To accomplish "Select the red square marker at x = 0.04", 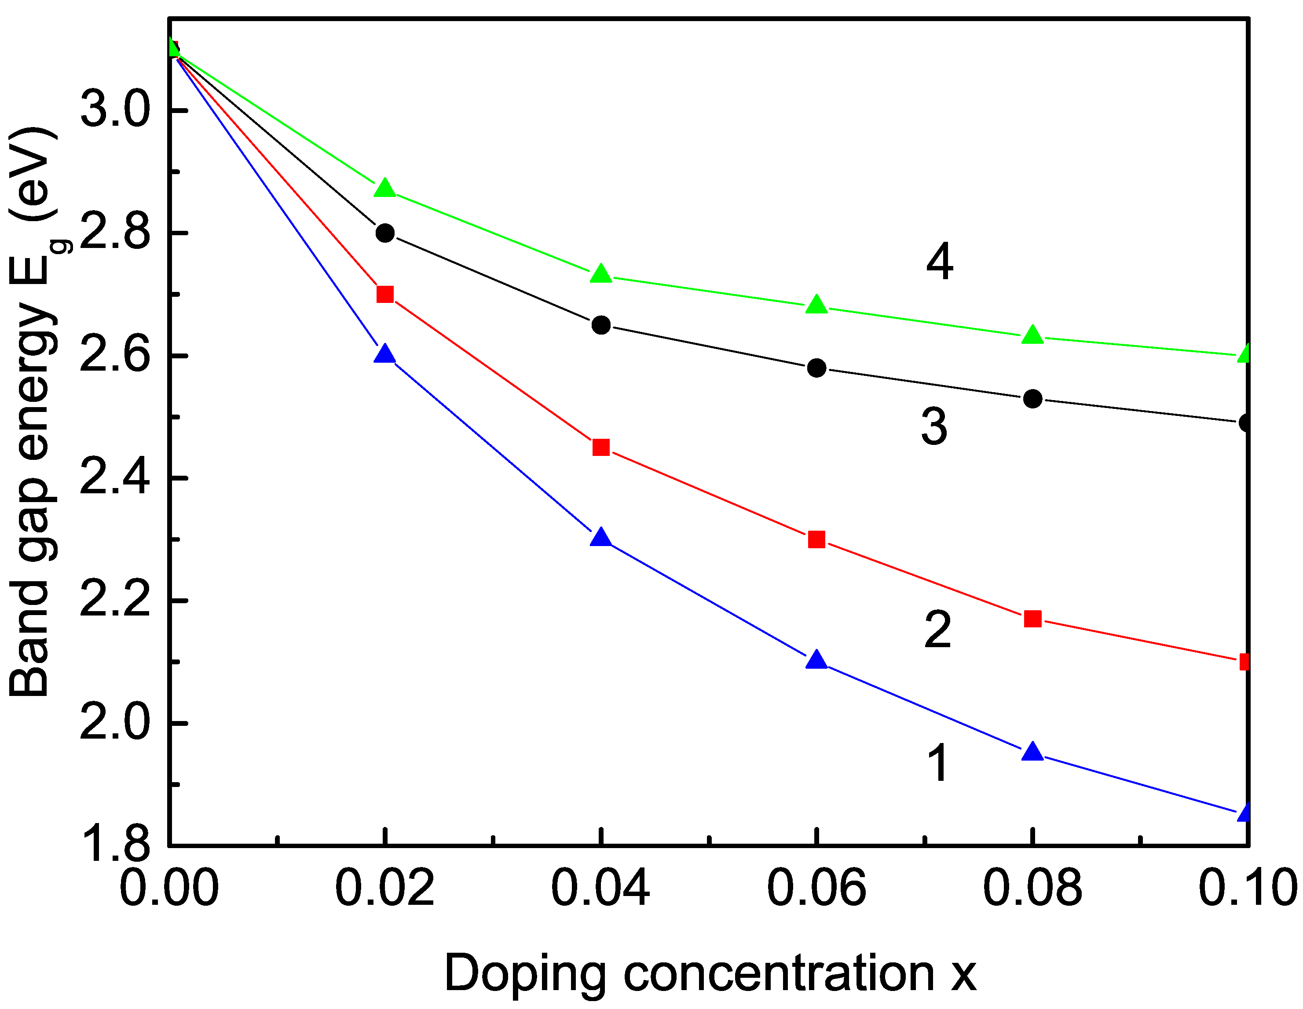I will coord(601,447).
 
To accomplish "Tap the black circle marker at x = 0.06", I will coord(816,368).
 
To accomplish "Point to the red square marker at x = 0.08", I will coord(1032,619).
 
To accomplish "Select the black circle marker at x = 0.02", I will coord(385,233).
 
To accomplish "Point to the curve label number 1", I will coord(938,763).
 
